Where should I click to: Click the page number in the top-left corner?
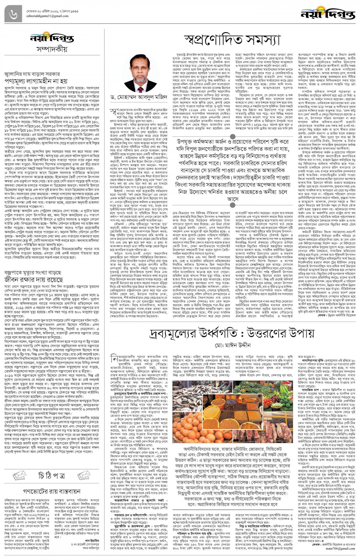[x=13, y=14]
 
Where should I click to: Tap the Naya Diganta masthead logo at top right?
[x=328, y=13]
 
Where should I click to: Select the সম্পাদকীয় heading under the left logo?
[x=52, y=49]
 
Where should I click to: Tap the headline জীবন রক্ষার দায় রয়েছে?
[x=34, y=279]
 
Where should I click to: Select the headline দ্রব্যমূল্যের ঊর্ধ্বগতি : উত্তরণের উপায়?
[x=232, y=334]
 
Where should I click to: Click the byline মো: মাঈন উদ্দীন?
[x=232, y=345]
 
